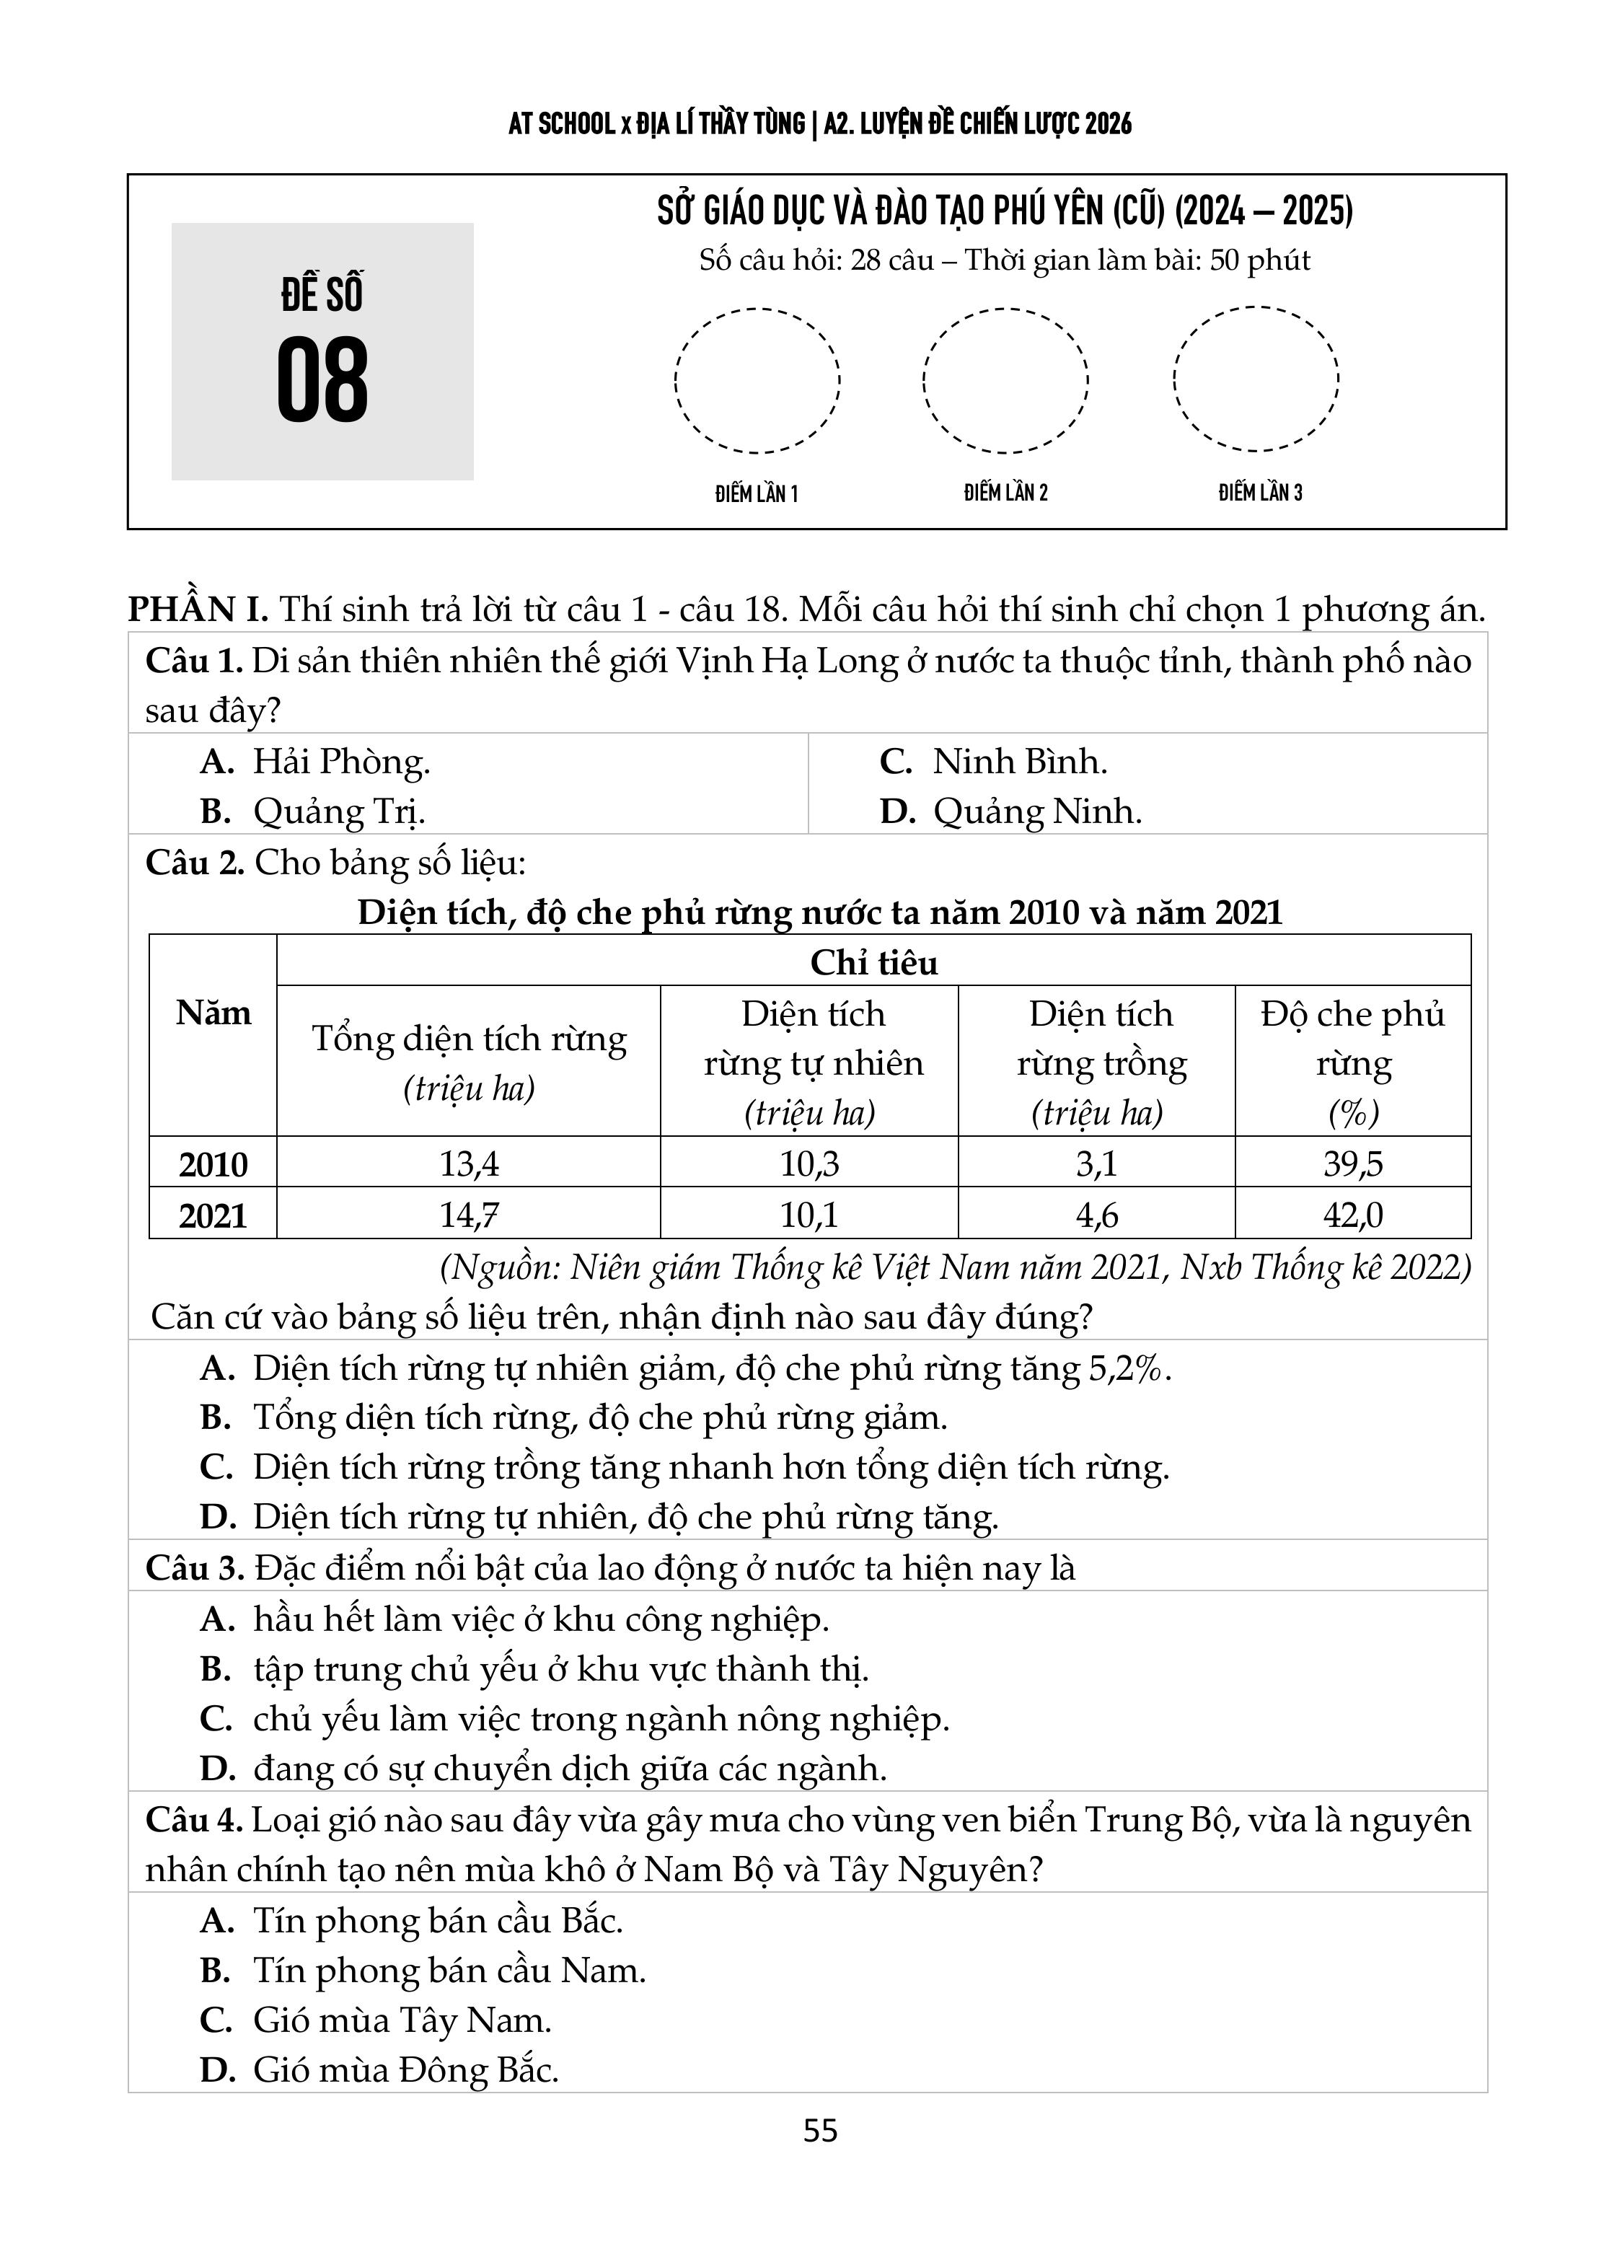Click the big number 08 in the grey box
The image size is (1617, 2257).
(322, 379)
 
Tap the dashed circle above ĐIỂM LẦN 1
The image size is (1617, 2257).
(757, 380)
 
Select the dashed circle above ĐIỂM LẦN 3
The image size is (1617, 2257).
(1255, 379)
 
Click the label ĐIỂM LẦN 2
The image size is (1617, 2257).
(1005, 493)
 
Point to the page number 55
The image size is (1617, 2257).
(820, 2131)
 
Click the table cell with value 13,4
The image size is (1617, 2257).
(469, 1163)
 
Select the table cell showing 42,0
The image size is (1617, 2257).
(1352, 1215)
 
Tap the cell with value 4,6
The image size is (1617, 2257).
(1096, 1215)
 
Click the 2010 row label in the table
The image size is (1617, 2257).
(213, 1164)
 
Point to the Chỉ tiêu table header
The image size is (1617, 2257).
(873, 962)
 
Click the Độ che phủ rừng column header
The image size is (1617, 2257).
(1352, 1062)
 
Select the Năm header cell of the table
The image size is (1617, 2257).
(213, 1013)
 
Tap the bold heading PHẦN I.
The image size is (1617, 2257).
(197, 609)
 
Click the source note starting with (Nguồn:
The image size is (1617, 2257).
(956, 1267)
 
